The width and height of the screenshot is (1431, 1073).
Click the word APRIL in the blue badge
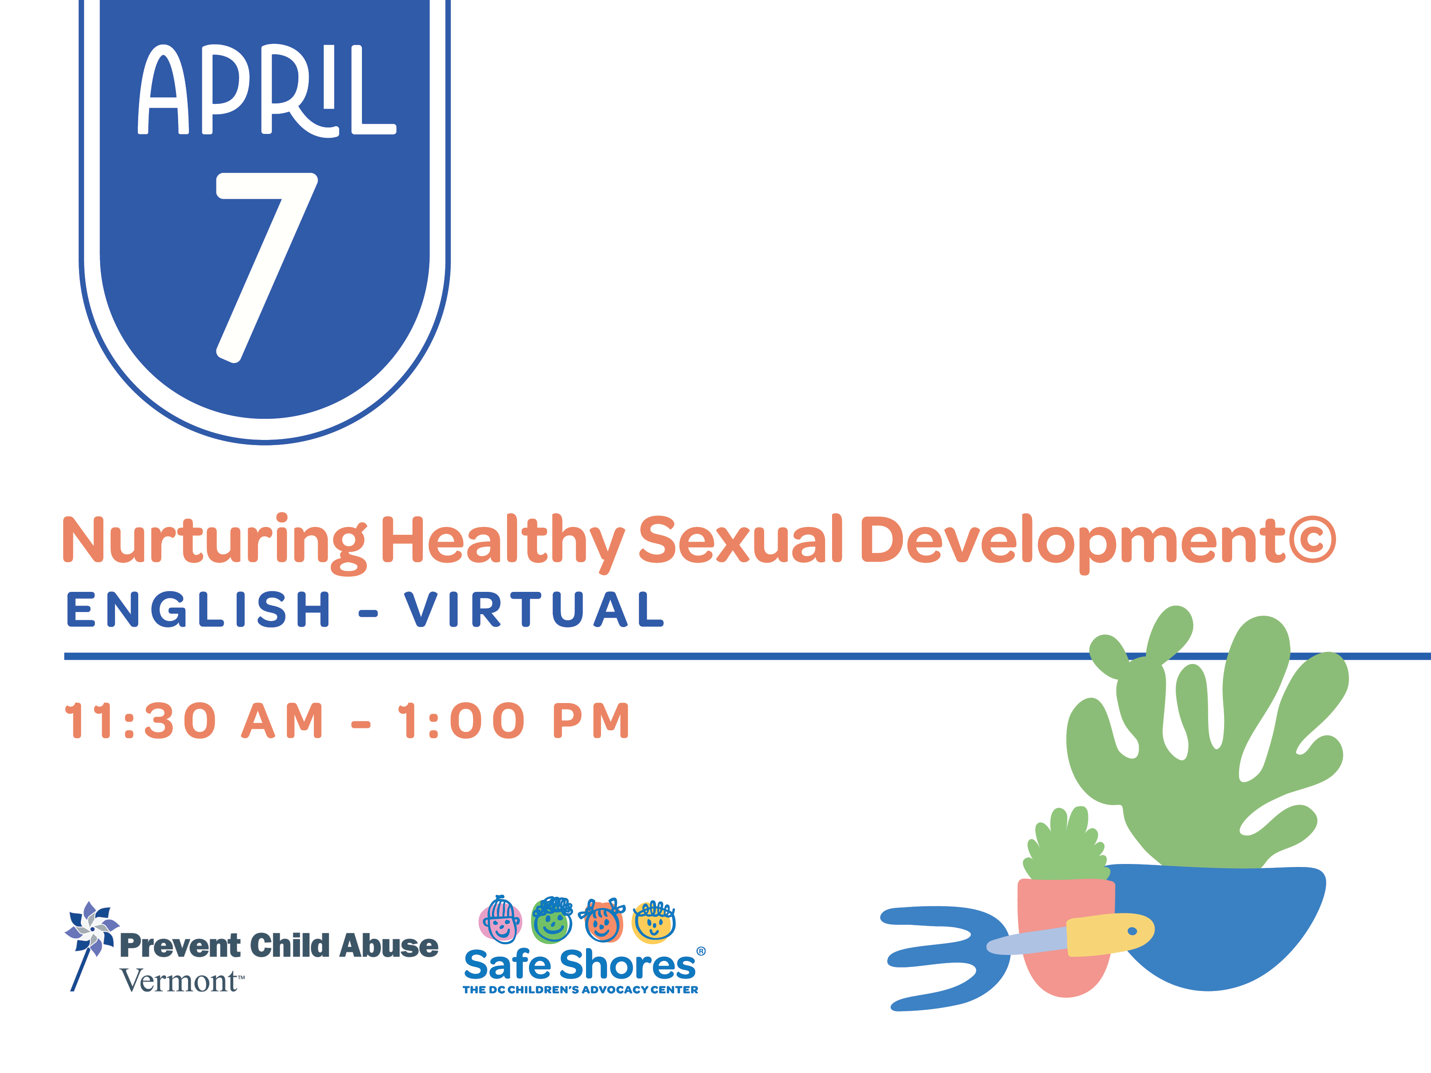(267, 91)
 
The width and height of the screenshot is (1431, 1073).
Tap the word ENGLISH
(199, 609)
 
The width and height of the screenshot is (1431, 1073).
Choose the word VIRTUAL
(535, 609)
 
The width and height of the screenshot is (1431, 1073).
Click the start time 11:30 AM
(194, 721)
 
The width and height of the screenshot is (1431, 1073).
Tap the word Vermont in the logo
(179, 981)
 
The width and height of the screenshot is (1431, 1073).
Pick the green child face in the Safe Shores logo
(552, 920)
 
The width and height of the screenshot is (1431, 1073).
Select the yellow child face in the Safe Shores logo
(654, 921)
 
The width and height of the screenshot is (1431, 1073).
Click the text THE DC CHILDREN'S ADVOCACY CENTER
(580, 990)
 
